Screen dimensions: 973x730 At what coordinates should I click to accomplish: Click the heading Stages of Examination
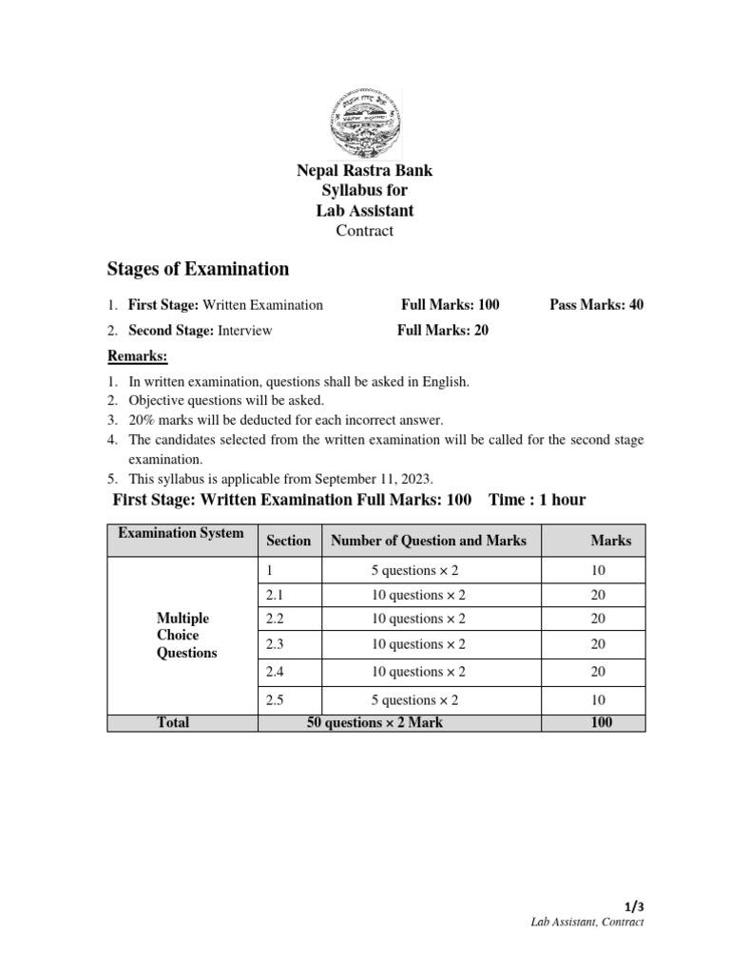click(x=198, y=269)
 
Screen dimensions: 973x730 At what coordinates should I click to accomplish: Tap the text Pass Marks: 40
click(x=596, y=305)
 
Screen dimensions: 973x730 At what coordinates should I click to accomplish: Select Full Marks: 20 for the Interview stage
click(x=443, y=331)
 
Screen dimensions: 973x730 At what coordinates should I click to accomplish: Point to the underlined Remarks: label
click(x=137, y=356)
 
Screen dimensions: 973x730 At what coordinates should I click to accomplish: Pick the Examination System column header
click(x=181, y=533)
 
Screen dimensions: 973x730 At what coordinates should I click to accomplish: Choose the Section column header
click(x=288, y=540)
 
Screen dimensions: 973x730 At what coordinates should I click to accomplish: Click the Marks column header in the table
click(x=610, y=540)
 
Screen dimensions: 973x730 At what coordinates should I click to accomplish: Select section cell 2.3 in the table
click(x=276, y=644)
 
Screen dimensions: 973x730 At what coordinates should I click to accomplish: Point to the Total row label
click(x=173, y=722)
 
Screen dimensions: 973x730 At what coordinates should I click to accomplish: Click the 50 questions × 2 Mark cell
click(x=375, y=722)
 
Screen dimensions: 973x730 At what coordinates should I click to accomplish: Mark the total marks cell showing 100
click(x=601, y=722)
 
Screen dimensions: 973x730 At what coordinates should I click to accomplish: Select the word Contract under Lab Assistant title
click(x=364, y=230)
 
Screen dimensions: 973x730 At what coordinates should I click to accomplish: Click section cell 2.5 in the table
click(x=276, y=700)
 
